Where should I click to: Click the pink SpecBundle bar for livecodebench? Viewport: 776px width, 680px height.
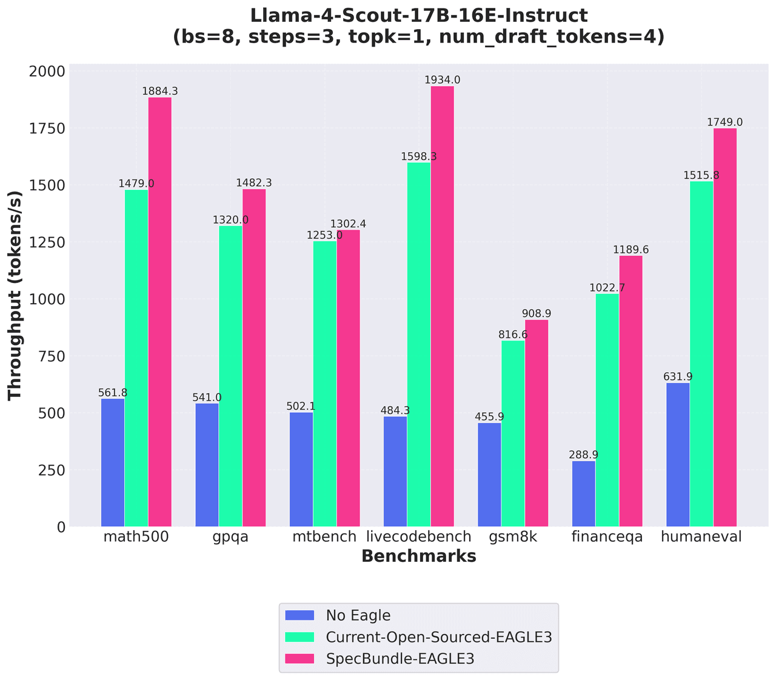coord(443,306)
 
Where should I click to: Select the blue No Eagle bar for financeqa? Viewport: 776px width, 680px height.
coord(584,494)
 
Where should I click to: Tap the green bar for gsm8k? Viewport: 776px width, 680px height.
coord(513,433)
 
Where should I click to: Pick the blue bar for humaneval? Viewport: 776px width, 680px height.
coord(678,455)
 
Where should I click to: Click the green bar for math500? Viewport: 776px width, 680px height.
coord(136,358)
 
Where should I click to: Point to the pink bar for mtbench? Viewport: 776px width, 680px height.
coord(349,378)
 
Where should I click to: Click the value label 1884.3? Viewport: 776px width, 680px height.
coord(160,92)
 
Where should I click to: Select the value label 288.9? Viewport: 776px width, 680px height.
coord(584,455)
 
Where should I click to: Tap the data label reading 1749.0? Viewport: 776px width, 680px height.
coord(725,122)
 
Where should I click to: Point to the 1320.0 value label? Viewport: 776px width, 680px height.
coord(230,220)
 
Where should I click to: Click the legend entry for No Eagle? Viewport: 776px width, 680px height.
coord(358,616)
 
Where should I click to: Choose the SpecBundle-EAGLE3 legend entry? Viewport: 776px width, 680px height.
coord(400,659)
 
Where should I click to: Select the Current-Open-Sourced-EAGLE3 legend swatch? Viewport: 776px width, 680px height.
coord(300,637)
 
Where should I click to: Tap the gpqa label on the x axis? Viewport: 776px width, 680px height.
coord(230,537)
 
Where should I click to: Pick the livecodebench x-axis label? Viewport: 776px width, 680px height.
coord(419,537)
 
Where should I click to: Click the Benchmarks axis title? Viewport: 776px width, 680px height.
coord(418,557)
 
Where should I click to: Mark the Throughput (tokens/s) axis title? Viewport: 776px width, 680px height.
coord(15,295)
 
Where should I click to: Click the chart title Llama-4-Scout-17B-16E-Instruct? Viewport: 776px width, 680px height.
coord(418,16)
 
